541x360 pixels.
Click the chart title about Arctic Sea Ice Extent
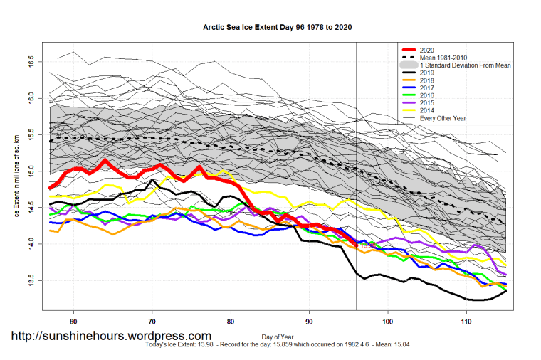coord(278,27)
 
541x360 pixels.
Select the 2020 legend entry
coord(427,49)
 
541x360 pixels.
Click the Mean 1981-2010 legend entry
coord(444,57)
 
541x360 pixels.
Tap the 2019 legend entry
coord(427,73)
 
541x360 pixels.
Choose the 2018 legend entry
coord(427,80)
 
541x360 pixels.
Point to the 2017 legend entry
coord(427,88)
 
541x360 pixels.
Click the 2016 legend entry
coord(427,95)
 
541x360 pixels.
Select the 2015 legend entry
coord(427,103)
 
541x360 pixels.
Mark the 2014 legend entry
coord(427,111)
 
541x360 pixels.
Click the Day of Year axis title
coord(278,336)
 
